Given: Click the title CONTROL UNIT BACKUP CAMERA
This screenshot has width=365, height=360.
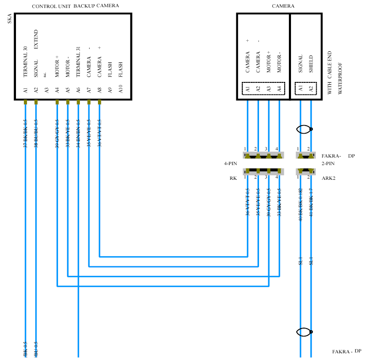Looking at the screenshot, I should (x=75, y=6).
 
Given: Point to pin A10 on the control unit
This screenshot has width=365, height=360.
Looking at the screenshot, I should (x=121, y=89).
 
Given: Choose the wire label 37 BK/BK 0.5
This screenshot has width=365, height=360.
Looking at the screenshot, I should (x=26, y=134).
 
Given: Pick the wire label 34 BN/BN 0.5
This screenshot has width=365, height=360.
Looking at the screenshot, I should (x=78, y=134).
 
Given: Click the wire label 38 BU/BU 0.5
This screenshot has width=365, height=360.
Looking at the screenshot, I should (x=36, y=134).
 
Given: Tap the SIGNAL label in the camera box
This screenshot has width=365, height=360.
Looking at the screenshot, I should (x=301, y=64).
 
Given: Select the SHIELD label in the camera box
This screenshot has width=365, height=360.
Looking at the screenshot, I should (x=311, y=64).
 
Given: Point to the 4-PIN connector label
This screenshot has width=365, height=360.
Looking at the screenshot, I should (x=231, y=163).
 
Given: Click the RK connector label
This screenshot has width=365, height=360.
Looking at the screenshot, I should (x=233, y=178).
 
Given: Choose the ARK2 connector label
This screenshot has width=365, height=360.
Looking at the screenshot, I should (x=328, y=178).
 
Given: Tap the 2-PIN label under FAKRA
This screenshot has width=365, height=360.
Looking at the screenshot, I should (x=328, y=163).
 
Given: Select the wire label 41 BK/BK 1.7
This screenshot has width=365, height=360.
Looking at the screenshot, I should (x=311, y=202).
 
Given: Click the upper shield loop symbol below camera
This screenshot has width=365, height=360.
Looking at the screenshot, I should (x=304, y=129).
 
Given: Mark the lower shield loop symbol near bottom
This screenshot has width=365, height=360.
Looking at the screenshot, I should (x=304, y=332).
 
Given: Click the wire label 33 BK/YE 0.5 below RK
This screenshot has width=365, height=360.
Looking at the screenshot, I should (x=280, y=202).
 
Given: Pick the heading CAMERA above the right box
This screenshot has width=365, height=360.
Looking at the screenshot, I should (x=283, y=6).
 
